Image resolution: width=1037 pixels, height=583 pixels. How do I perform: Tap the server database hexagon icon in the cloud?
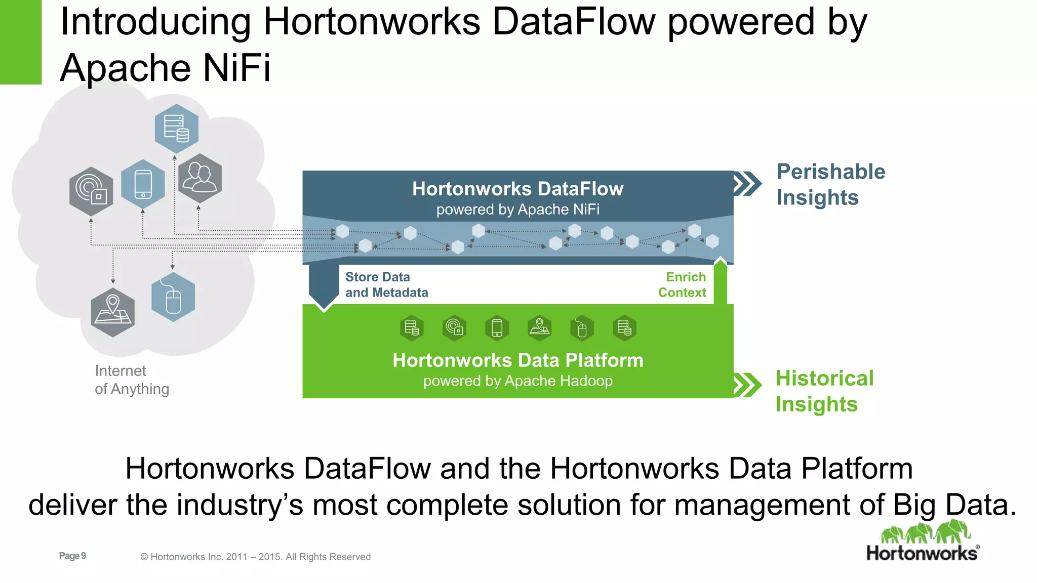tap(176, 129)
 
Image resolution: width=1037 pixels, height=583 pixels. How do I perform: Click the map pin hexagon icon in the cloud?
tap(113, 312)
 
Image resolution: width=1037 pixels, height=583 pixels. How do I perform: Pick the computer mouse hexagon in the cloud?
tap(173, 298)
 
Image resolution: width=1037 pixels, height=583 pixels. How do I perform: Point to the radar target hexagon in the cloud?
tap(91, 191)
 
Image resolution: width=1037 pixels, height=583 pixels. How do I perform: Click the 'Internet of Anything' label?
tap(132, 380)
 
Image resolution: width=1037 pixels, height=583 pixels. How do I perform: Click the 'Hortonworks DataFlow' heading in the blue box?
tap(517, 189)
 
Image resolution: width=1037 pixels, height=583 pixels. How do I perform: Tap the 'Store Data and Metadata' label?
tap(386, 284)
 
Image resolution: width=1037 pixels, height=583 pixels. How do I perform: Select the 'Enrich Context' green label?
tap(683, 284)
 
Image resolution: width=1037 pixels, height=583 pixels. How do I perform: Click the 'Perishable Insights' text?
tap(830, 184)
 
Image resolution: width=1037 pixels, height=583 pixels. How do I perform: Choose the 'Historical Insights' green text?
tap(824, 391)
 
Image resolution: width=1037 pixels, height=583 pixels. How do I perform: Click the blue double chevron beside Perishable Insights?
tap(747, 183)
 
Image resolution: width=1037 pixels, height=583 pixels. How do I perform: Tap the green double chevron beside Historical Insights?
tap(747, 385)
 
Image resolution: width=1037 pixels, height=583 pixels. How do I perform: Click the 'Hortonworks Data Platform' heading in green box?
tap(517, 360)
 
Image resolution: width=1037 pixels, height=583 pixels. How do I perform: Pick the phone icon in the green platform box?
tap(497, 328)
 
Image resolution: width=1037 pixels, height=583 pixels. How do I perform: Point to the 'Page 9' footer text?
tap(72, 556)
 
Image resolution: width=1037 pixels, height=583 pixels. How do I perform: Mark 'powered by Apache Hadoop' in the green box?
tap(517, 381)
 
